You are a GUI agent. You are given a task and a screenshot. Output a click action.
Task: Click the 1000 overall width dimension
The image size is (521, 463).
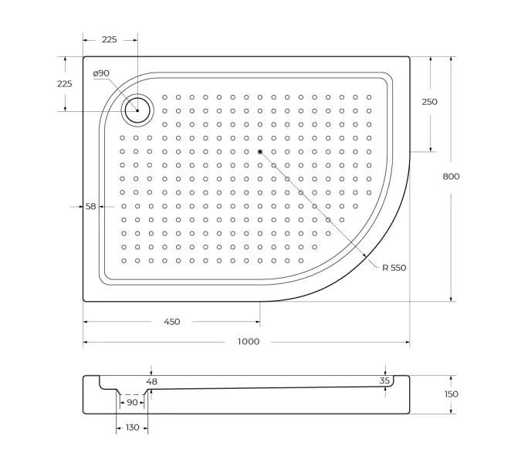[248, 342]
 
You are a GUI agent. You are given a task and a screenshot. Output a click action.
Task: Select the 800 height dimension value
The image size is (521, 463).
[451, 177]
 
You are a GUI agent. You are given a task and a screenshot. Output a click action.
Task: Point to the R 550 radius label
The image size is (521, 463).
[393, 268]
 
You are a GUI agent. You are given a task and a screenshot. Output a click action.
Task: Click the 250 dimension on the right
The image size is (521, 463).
[429, 102]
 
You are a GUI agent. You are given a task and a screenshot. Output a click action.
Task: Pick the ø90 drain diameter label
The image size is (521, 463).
[101, 73]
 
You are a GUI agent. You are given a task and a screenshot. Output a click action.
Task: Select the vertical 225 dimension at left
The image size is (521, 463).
[64, 84]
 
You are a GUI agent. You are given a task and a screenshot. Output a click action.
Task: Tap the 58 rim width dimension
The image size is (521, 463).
[90, 206]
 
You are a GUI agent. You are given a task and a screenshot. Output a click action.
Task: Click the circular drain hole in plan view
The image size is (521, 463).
[138, 110]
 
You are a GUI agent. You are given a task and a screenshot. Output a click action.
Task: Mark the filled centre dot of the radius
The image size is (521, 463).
[260, 151]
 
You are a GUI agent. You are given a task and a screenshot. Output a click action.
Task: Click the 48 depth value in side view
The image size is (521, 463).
[151, 381]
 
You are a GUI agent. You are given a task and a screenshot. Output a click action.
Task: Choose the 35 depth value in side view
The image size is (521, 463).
[384, 380]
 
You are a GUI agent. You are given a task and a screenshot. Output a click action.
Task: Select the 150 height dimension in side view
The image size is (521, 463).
[451, 394]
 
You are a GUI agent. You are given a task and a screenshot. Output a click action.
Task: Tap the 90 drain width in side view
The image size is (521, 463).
[132, 402]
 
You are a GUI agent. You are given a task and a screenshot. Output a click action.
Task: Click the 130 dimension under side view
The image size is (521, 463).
[131, 427]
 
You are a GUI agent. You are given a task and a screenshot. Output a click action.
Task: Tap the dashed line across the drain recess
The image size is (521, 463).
[132, 394]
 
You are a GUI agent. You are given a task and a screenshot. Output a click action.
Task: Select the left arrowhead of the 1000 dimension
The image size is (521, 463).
[86, 342]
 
